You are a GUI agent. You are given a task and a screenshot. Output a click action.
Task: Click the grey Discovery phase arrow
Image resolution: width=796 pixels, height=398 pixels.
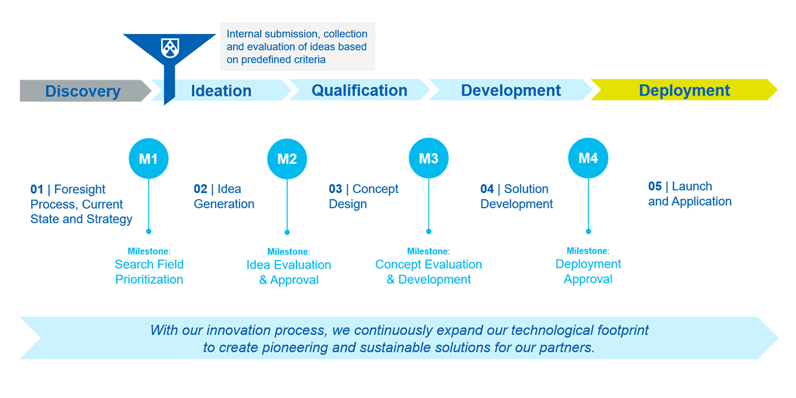[83, 91]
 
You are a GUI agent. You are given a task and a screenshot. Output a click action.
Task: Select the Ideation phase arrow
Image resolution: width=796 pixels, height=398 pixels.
[222, 91]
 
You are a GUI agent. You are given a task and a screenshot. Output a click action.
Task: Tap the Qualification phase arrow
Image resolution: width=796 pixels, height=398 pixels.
[360, 90]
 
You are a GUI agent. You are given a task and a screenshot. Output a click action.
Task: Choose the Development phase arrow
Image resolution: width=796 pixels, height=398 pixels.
[511, 90]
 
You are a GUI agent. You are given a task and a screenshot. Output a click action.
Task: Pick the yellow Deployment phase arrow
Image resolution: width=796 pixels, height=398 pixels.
[684, 90]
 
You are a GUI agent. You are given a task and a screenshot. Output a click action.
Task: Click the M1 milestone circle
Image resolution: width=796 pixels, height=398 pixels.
[149, 159]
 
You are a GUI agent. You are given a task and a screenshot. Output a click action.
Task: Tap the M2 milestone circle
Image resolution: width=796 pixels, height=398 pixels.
[287, 159]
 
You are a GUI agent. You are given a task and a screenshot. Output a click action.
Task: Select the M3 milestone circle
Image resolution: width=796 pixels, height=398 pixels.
[429, 159]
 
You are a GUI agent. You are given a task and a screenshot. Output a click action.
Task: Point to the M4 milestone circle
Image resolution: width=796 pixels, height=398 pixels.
[588, 158]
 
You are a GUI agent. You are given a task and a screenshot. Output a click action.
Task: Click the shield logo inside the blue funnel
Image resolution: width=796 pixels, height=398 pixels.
[170, 47]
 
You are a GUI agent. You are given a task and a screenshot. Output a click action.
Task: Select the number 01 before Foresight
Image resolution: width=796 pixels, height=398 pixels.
[36, 190]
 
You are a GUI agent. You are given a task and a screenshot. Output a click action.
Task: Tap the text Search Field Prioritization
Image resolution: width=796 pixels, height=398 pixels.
[149, 272]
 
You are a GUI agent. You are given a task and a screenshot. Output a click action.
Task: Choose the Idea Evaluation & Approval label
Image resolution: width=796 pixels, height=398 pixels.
[289, 273]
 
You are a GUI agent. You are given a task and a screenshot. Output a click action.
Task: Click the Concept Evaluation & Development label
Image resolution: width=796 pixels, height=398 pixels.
[429, 272]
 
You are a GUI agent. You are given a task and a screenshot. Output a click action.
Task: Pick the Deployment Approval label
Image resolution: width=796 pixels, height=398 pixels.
[588, 271]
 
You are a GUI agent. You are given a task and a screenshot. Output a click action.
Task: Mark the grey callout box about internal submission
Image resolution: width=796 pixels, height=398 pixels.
[297, 46]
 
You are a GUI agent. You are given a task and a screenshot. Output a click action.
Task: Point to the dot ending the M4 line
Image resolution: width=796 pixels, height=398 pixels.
[588, 232]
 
